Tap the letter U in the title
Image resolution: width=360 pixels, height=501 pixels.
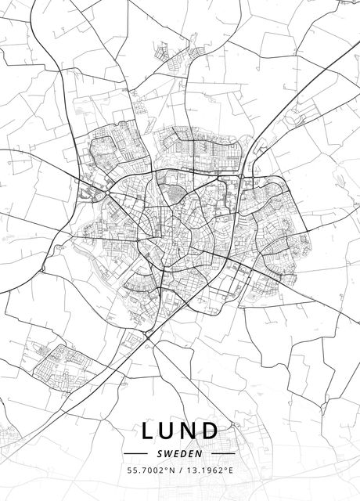coord(170,431)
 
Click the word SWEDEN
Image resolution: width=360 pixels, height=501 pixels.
coord(180,452)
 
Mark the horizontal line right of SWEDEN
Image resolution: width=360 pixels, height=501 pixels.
coord(224,452)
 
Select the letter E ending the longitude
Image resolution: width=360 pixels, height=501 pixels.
coord(232,471)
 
